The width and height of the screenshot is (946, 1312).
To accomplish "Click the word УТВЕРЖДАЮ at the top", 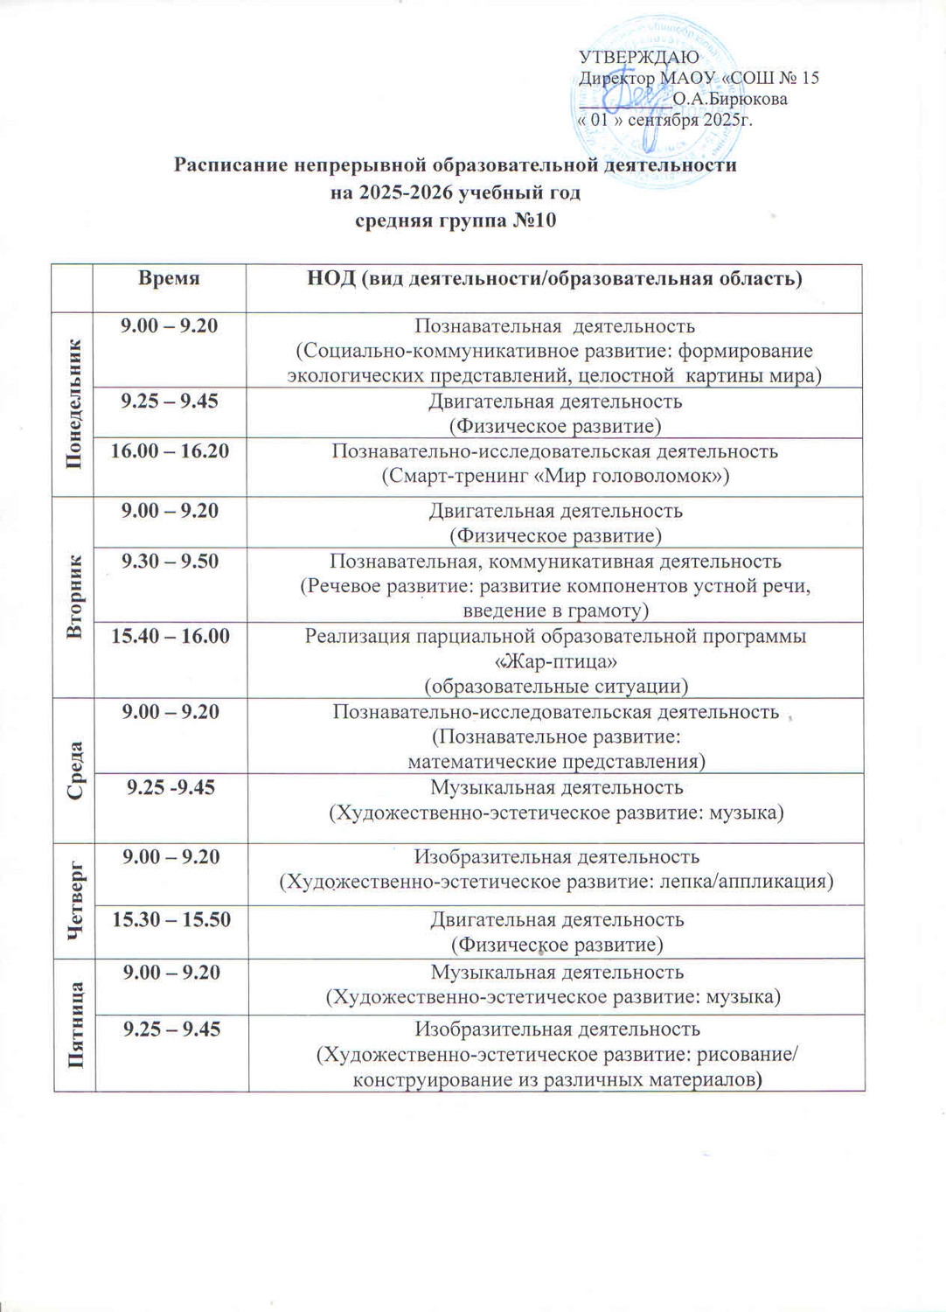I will click(x=638, y=58).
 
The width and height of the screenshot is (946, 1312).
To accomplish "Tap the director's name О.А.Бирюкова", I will click(x=730, y=99).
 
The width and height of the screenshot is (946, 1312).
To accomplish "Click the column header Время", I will click(x=169, y=278).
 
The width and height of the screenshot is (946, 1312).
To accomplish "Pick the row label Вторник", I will click(x=74, y=597).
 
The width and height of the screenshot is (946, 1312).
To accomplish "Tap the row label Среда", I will click(x=75, y=770).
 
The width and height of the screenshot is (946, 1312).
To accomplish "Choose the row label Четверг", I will click(x=76, y=900).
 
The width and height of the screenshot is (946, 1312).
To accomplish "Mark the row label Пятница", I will click(x=76, y=1024).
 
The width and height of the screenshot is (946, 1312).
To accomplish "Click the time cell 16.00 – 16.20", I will click(x=170, y=451).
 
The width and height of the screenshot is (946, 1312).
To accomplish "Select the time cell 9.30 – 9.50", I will click(x=170, y=562).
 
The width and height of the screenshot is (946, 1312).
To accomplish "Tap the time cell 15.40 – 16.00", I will click(x=170, y=636).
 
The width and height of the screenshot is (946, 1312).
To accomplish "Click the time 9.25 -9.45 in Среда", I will click(x=170, y=788).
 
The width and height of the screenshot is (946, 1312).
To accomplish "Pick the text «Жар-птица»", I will click(x=556, y=661).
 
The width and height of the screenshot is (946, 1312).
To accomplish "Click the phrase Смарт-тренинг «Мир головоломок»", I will click(x=555, y=477).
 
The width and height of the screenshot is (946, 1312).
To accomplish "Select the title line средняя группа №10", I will click(x=455, y=220).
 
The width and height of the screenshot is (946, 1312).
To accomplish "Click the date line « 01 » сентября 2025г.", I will click(x=664, y=120).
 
